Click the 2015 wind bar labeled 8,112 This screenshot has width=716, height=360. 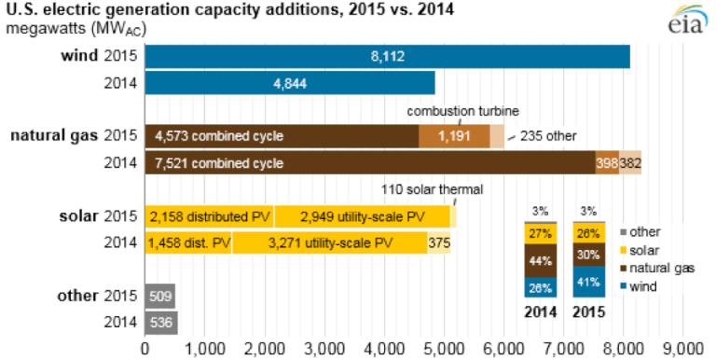387,56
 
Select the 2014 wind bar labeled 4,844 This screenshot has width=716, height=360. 290,82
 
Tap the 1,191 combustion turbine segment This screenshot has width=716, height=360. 454,136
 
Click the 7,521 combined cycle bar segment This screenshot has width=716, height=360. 370,163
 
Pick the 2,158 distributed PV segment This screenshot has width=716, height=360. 210,216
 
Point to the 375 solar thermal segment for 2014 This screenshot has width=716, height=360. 438,243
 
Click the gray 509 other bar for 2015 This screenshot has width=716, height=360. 160,297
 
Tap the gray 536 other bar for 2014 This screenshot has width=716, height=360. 161,323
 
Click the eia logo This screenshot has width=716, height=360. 688,21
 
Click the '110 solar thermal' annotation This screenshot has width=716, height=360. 433,190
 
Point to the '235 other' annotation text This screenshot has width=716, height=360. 547,136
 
